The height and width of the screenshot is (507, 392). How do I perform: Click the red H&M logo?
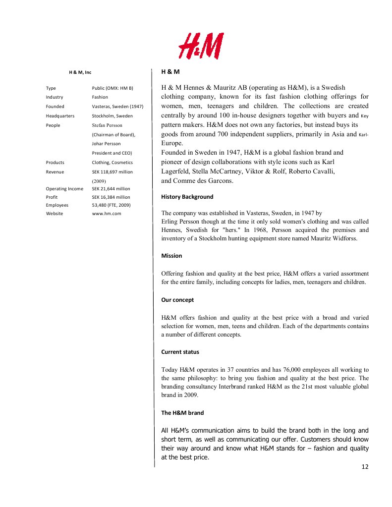(201, 46)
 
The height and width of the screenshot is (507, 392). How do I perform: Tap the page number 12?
(365, 466)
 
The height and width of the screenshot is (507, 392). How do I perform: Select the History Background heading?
(187, 197)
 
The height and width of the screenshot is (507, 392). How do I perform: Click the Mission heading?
(171, 256)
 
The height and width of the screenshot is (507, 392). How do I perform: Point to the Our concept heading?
(177, 300)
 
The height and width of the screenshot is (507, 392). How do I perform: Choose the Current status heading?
(180, 352)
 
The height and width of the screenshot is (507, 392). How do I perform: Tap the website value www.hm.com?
(107, 214)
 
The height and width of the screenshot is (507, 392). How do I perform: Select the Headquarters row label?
(60, 115)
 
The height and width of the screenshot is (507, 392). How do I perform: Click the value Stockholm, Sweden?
(112, 115)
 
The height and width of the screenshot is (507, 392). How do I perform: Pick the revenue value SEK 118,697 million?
(112, 172)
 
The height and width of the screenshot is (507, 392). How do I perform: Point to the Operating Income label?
(64, 189)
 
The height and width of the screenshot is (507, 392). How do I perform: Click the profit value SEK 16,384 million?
(111, 197)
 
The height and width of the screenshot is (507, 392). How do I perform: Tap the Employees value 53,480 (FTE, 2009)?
(111, 205)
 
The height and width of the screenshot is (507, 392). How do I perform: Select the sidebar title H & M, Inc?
(80, 72)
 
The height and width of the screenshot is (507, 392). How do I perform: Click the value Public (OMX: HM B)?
(112, 88)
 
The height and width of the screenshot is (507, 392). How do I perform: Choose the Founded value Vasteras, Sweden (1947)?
(117, 107)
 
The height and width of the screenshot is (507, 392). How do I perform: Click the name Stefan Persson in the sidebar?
(107, 125)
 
